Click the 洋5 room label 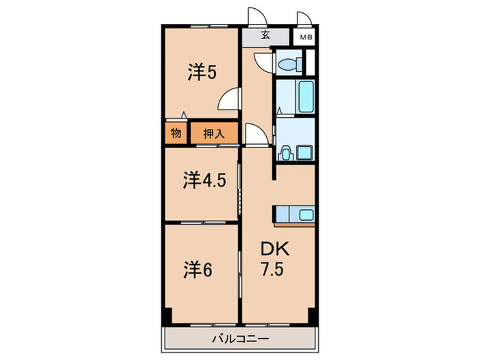click(202, 73)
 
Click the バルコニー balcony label click(240, 337)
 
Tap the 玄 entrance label click(264, 36)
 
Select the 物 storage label click(176, 133)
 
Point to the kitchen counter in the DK click(294, 215)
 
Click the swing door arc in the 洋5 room click(229, 100)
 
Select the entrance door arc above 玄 click(256, 18)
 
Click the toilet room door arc click(263, 62)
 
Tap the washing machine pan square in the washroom click(303, 152)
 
